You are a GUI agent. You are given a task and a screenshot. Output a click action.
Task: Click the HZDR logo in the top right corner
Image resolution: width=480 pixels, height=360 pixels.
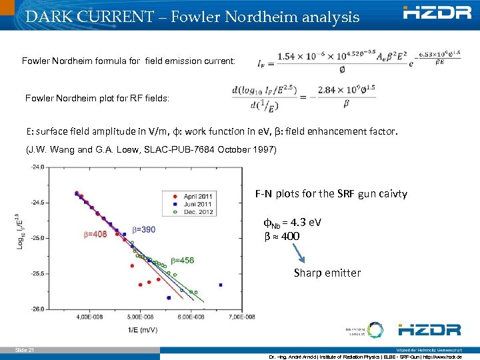pyautogui.click(x=437, y=12)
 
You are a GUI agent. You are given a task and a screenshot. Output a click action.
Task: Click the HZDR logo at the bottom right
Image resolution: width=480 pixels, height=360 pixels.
pyautogui.click(x=429, y=329)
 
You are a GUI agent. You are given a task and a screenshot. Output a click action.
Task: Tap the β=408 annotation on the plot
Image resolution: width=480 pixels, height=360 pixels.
pyautogui.click(x=95, y=234)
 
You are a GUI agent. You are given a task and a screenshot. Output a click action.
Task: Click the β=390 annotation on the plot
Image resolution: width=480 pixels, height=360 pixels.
pyautogui.click(x=143, y=229)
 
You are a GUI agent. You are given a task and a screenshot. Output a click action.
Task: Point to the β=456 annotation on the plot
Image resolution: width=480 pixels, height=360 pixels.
pyautogui.click(x=182, y=260)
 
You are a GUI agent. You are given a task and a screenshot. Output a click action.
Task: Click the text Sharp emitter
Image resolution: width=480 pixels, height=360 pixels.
pyautogui.click(x=327, y=273)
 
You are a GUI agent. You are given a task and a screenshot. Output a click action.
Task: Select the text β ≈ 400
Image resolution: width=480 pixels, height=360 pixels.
pyautogui.click(x=282, y=236)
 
